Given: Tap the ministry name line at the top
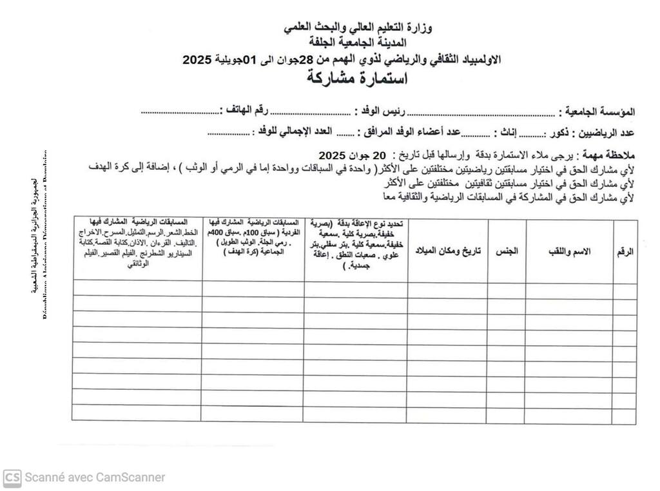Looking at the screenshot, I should [x=360, y=28].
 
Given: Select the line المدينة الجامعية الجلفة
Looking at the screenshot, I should [x=360, y=44].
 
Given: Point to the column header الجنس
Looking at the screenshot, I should [x=507, y=251].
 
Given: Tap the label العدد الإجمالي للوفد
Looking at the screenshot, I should [x=294, y=133].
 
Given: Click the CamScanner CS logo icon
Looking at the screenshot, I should [x=12, y=477].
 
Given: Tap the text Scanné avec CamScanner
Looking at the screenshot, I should [x=95, y=477].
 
